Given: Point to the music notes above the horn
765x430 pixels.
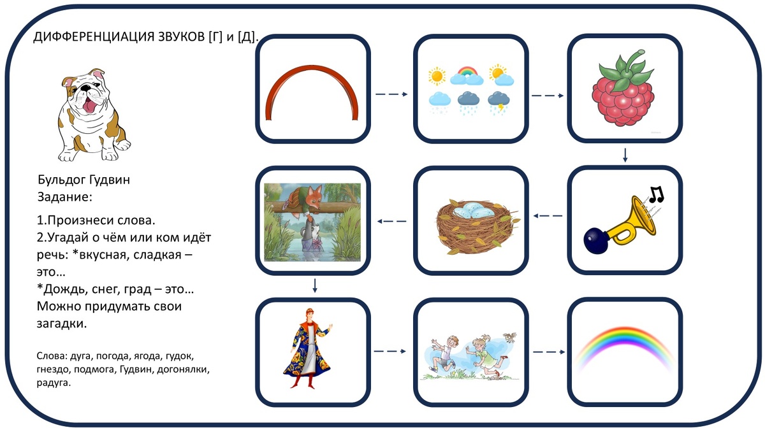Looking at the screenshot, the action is coord(655,194).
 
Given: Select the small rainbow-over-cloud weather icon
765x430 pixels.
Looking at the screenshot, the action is coord(466,75).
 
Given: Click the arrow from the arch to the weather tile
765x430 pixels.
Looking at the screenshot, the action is coord(391,94).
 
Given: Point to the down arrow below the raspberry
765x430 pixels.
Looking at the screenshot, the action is coord(625,155).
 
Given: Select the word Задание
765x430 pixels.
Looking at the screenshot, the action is coord(65,197).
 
